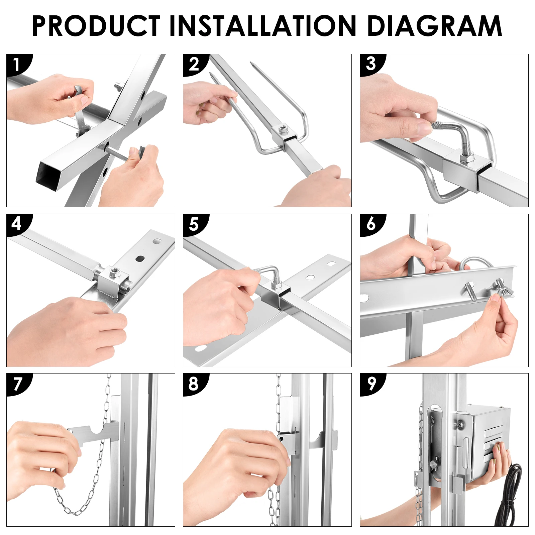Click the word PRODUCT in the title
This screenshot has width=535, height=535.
pos(96,26)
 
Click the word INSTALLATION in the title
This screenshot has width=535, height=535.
pos(262,26)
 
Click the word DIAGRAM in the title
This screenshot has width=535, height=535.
pos(434,26)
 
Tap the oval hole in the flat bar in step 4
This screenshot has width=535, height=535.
pos(140,258)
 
